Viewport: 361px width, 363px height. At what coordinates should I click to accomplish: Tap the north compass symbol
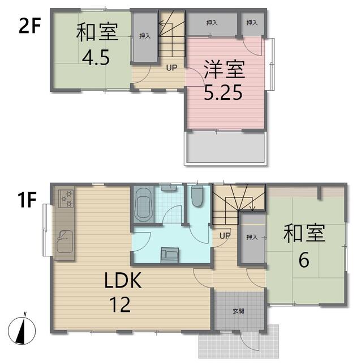click(23, 329)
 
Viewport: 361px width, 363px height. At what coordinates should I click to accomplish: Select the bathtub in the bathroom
click(143, 205)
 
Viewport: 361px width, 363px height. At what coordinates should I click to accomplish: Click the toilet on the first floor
click(197, 197)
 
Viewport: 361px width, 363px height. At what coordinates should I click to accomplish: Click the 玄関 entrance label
click(238, 311)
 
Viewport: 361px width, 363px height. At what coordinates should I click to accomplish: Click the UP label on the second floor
click(171, 67)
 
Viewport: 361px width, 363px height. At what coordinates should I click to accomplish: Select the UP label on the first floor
click(225, 235)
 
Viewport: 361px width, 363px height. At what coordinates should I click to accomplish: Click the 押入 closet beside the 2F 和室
click(145, 36)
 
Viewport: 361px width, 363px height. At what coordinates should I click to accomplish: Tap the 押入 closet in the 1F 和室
click(251, 238)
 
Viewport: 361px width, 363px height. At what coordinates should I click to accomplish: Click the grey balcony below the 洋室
click(225, 149)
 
